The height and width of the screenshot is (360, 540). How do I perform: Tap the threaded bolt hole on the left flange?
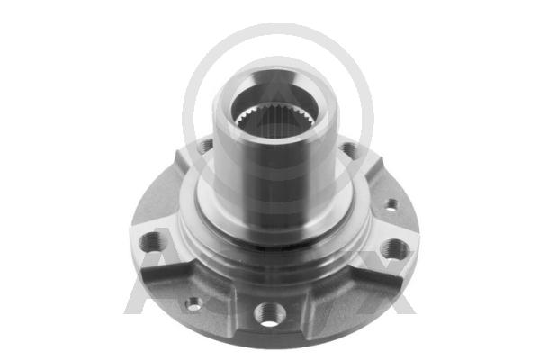153,240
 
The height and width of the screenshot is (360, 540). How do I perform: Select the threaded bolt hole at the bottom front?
267,313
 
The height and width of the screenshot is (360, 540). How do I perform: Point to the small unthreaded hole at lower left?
193,303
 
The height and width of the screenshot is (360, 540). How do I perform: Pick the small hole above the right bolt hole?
391,205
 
